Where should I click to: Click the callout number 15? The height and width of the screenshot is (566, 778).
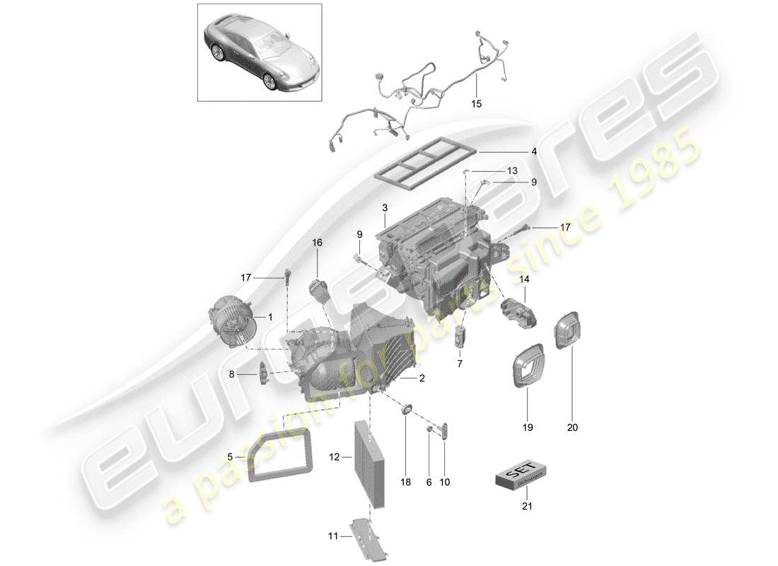[476, 104]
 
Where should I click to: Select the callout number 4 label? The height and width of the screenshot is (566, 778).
[534, 151]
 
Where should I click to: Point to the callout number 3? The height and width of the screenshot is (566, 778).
[384, 208]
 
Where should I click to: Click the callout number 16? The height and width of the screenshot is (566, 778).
[317, 243]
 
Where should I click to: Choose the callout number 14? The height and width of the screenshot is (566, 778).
[524, 280]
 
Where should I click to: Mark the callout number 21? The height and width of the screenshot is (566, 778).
[524, 507]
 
